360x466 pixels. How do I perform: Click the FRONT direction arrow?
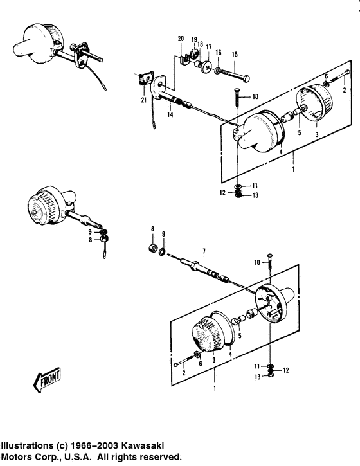coord(46,380)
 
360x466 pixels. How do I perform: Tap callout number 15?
coord(235,55)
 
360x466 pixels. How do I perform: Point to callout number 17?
coord(209,48)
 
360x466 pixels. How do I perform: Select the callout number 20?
coord(181,39)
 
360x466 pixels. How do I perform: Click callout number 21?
coord(144,100)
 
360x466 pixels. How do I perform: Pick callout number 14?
coord(170,114)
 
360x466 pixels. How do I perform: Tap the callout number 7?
coord(204,251)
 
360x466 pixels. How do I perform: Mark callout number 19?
coord(194,39)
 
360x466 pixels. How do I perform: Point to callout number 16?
coord(219,53)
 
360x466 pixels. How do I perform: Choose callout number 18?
coord(200,44)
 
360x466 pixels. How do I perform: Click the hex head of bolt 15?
coord(246,79)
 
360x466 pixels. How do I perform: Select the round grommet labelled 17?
coord(206,67)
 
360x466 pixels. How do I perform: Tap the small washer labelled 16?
coord(217,71)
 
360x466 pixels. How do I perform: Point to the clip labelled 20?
coord(183,60)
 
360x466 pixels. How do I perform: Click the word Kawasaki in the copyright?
coord(143,446)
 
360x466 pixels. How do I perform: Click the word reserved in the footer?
coord(161,456)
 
